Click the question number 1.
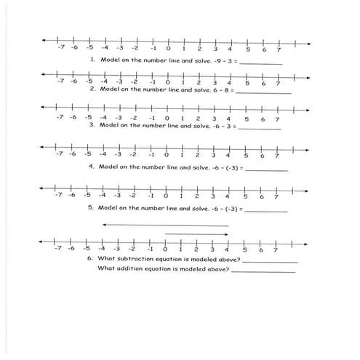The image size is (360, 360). coord(92,60)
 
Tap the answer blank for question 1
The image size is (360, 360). coord(260,63)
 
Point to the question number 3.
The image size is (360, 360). coord(92,125)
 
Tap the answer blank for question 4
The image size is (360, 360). coord(268,169)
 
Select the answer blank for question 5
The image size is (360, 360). coord(268,210)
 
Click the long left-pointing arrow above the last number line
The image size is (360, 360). coord(165,225)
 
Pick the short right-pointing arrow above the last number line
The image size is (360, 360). coord(196,233)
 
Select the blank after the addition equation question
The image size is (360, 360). coord(263,271)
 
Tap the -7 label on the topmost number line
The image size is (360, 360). coord(61,48)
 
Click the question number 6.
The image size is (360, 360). coord(89,259)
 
